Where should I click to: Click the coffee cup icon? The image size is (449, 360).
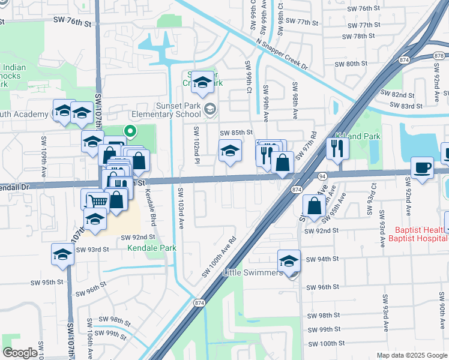click(423, 167)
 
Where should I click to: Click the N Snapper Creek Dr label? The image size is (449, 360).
click(281, 54)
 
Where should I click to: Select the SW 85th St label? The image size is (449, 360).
click(234, 133)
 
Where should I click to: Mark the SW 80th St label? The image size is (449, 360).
click(351, 64)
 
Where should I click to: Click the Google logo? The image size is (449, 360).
click(20, 353)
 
